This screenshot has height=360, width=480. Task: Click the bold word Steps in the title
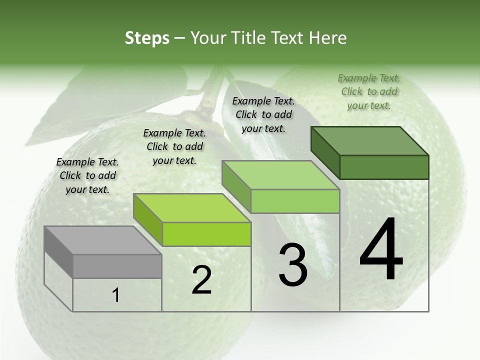(147, 38)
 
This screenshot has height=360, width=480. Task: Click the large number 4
(381, 249)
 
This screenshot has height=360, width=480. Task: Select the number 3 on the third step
(293, 264)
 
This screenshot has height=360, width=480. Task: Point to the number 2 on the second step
(202, 280)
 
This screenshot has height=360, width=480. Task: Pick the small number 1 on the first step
(116, 295)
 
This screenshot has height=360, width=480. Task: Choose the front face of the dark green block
(384, 167)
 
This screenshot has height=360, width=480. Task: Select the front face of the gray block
(117, 266)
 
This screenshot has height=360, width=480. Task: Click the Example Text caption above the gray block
(87, 175)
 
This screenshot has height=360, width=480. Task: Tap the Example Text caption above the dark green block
(369, 91)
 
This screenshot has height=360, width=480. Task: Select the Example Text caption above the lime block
(174, 146)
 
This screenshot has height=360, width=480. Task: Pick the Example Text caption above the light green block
(263, 114)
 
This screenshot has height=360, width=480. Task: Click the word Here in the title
(328, 38)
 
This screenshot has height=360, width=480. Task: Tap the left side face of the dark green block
(325, 152)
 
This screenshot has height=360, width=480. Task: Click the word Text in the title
(289, 38)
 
